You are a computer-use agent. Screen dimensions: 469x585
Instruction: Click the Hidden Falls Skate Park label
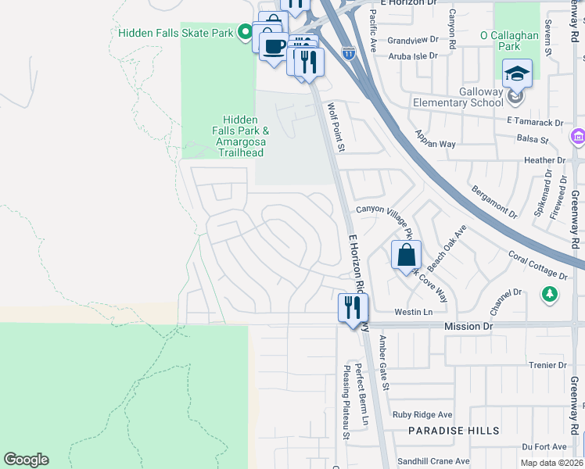[x=175, y=33]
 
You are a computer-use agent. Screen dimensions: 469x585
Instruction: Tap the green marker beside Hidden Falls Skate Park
[x=245, y=33]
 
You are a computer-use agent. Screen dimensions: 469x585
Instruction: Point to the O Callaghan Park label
[x=510, y=41]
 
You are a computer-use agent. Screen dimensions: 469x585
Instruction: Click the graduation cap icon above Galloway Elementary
[x=517, y=73]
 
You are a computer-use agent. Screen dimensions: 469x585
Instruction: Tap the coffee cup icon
[x=274, y=47]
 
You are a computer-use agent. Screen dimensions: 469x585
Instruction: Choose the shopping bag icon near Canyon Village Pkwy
[x=406, y=255]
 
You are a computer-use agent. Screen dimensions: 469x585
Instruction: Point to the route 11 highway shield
[x=349, y=53]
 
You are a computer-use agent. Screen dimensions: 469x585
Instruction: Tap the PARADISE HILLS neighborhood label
[x=443, y=431]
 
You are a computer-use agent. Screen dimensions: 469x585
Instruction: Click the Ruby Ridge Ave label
[x=422, y=414]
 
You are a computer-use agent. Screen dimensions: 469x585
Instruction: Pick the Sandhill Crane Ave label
[x=432, y=461]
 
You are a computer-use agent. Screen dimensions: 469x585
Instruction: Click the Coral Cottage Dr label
[x=537, y=265]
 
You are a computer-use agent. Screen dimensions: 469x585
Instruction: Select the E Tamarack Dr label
[x=535, y=122]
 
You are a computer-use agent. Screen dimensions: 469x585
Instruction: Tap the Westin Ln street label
[x=414, y=312]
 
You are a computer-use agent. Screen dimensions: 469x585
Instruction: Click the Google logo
[x=26, y=460]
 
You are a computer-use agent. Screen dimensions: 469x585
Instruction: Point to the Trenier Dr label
[x=547, y=365]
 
